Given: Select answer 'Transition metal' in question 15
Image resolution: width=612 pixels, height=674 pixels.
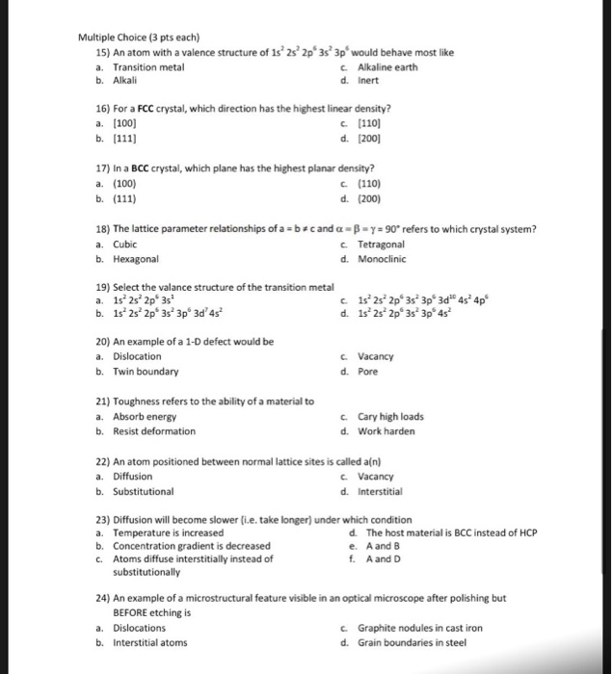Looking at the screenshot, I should [148, 67].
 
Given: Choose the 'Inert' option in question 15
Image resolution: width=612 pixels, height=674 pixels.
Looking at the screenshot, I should [370, 80].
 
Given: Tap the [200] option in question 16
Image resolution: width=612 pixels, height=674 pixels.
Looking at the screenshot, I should [370, 138].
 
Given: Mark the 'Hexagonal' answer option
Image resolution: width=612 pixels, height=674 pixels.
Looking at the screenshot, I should [142, 258].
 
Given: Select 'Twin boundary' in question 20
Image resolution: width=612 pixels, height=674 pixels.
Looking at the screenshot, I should [146, 372].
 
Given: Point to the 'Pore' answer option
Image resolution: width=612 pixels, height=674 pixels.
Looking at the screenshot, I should [368, 372].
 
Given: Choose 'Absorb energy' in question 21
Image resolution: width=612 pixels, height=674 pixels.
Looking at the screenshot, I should [145, 417].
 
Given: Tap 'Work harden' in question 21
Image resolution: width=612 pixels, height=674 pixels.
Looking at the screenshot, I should [386, 431].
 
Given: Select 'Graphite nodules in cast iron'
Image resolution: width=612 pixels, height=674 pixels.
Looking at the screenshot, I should [419, 628].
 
